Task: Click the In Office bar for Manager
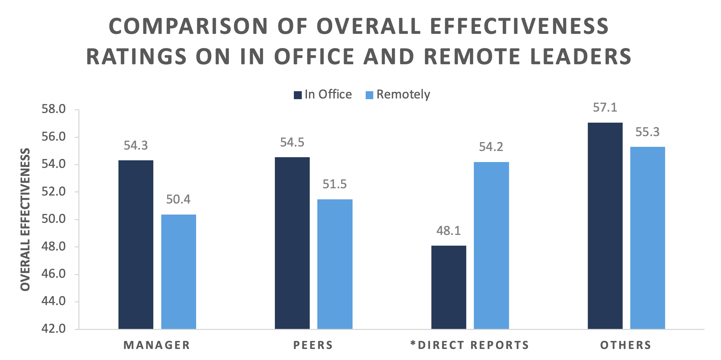[136, 244]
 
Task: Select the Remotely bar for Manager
[179, 272]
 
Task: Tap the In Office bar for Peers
[292, 243]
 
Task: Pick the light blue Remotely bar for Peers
[335, 264]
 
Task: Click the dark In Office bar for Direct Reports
[449, 287]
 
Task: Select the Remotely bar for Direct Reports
[491, 245]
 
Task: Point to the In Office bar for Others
[605, 226]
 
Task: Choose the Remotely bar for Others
[647, 238]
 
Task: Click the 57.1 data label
[605, 108]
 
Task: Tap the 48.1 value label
[449, 231]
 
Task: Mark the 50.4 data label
[178, 199]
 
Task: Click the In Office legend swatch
[297, 95]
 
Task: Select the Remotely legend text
[403, 94]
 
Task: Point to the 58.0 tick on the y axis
[54, 109]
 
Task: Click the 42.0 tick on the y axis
[54, 329]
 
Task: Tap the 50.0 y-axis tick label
[54, 219]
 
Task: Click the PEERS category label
[313, 345]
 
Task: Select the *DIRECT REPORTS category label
[470, 345]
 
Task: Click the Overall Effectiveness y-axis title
[25, 219]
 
